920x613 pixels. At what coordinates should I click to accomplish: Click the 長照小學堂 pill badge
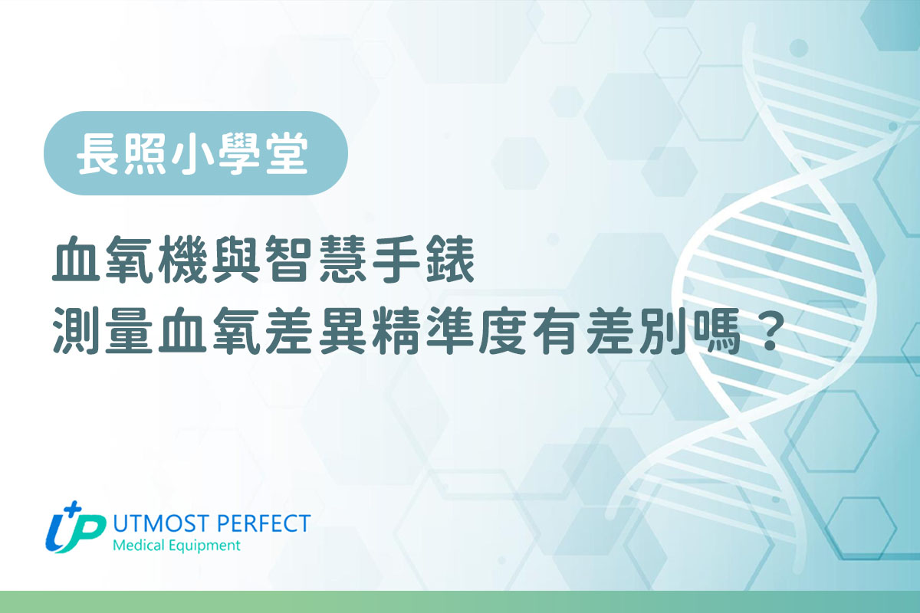tap(195, 153)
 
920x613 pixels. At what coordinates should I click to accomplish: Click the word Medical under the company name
tap(139, 546)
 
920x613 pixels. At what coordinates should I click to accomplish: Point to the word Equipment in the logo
tap(204, 546)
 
